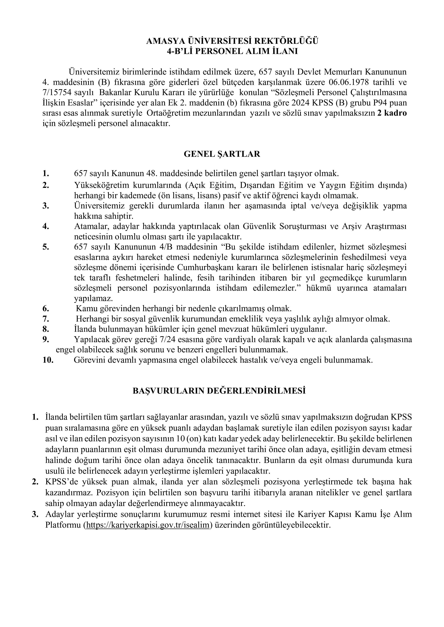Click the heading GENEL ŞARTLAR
click(x=222, y=154)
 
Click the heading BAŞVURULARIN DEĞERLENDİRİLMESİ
click(x=219, y=391)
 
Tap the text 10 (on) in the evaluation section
click(x=186, y=439)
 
